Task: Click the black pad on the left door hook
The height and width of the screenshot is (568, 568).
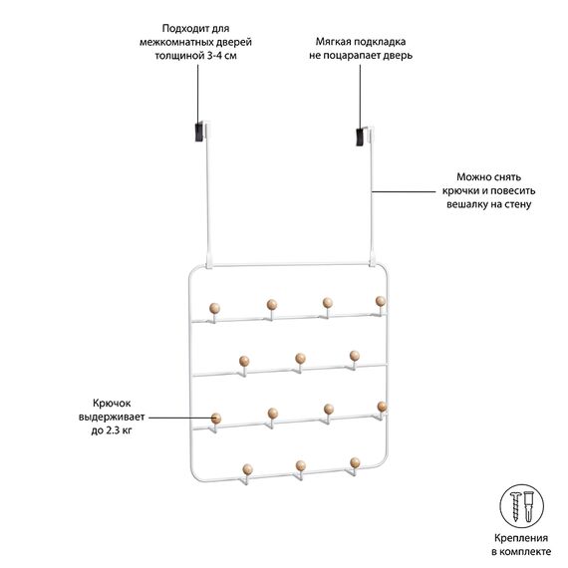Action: pos(199,133)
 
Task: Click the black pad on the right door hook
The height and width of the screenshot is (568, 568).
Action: pos(360,138)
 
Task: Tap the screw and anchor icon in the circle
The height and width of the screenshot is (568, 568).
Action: pos(522,505)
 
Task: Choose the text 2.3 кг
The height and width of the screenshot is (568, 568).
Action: pos(119,430)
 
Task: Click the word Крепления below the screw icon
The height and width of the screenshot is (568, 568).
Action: pos(521,538)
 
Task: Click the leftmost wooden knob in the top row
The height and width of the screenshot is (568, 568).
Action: pos(214,309)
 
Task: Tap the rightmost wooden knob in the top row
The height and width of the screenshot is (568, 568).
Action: pos(381,301)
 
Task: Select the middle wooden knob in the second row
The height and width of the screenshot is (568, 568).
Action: pos(300,359)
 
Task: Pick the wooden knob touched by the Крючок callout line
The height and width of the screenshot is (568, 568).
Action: pos(216,419)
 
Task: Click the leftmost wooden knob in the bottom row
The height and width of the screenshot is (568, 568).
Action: pos(248,469)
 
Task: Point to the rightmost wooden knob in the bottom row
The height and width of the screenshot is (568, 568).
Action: pos(355,463)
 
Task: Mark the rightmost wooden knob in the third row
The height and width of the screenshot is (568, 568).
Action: pos(382,407)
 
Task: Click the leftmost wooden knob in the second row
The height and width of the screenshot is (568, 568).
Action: pos(244,361)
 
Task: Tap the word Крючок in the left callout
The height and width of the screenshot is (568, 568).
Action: pos(112,404)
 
